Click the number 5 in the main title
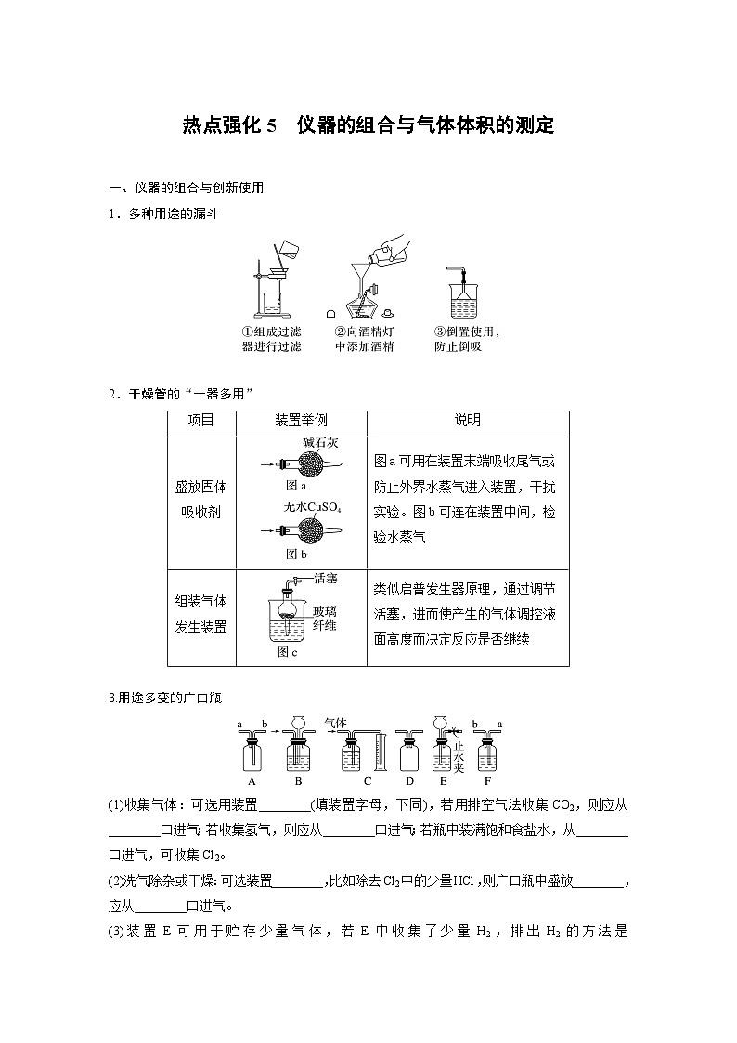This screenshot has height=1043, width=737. point(271,126)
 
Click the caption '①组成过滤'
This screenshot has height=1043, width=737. point(271,332)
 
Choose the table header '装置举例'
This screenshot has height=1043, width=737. point(302,421)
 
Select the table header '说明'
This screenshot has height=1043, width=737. point(467,421)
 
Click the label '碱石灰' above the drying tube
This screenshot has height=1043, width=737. point(320,444)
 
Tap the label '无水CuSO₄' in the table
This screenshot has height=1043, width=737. point(313,507)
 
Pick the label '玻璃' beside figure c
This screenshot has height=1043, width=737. point(324,610)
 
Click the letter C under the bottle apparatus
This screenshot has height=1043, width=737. point(368,780)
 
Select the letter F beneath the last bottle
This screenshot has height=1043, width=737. point(487,780)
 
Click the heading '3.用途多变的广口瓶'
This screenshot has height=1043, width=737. point(164,697)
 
